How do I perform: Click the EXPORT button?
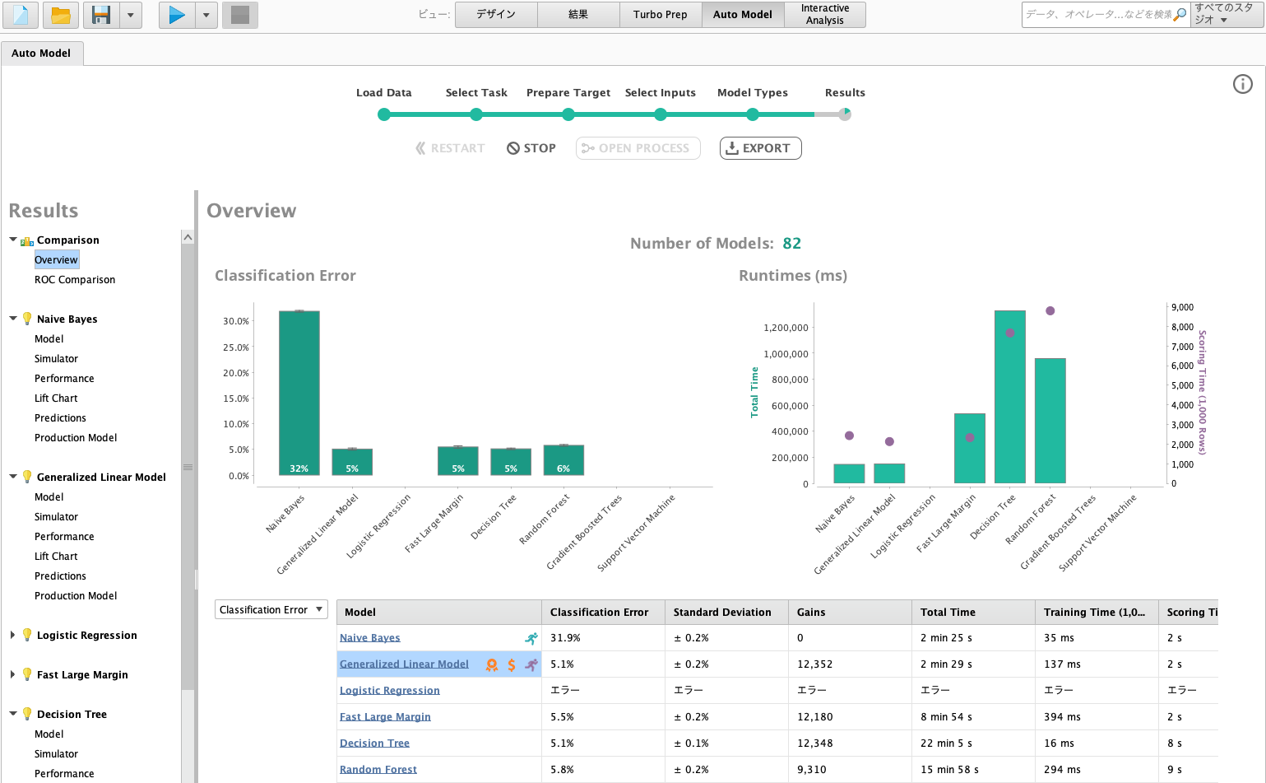click(x=760, y=148)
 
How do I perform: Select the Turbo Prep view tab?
click(x=660, y=15)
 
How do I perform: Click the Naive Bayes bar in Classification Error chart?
click(x=299, y=393)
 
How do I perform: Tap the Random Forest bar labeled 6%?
click(x=563, y=460)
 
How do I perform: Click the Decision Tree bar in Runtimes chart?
click(x=1010, y=397)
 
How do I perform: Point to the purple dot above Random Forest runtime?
click(x=1050, y=310)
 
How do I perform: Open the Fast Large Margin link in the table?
click(x=385, y=717)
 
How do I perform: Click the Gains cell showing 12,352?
click(x=814, y=664)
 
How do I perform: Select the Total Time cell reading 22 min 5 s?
click(x=945, y=743)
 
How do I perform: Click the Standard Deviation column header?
click(x=721, y=612)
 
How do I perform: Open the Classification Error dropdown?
click(x=271, y=610)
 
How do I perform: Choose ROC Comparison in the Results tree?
click(x=75, y=279)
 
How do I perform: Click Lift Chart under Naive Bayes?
click(x=56, y=398)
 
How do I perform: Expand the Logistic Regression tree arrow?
click(x=12, y=635)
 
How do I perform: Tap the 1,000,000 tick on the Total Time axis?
click(x=786, y=353)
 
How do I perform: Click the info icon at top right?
click(x=1242, y=84)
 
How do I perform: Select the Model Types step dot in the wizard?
click(x=752, y=114)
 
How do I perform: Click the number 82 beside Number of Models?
click(x=792, y=243)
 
